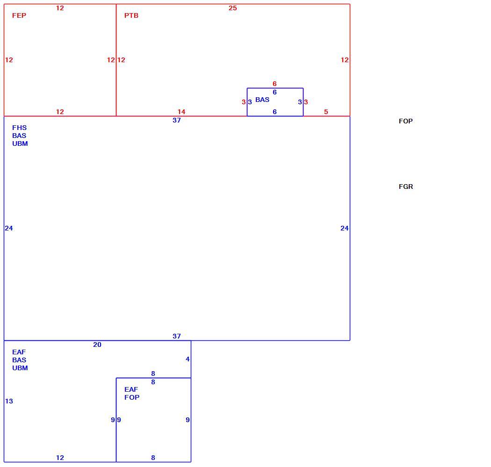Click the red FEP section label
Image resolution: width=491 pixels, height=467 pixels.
pos(19,15)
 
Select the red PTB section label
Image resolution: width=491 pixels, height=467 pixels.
pos(131,15)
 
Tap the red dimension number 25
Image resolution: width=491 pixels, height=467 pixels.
pos(233,8)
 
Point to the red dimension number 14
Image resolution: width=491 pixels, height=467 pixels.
pos(181,112)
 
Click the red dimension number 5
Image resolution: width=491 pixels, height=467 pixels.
pos(326,112)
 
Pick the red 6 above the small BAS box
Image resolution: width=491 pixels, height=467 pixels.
pos(274,84)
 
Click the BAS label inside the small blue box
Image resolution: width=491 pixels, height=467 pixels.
pos(262,100)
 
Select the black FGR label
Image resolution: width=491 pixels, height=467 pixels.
pos(406,187)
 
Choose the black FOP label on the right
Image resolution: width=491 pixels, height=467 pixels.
pos(406,121)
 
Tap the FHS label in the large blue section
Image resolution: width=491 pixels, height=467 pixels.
pos(20,128)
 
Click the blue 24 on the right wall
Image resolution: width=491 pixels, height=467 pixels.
pos(345,228)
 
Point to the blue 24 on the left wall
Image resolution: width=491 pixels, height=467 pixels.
pos(9,228)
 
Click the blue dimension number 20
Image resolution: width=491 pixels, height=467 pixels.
pos(97,345)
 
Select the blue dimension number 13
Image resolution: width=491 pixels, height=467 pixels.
pos(9,401)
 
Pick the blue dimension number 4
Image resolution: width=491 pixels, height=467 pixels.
pos(188,359)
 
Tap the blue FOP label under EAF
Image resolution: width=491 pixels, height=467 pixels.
pos(132,397)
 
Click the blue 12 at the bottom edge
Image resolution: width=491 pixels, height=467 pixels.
pos(60,458)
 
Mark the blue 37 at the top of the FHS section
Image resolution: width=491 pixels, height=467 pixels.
pos(177,120)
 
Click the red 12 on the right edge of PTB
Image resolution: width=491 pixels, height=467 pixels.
pos(345,60)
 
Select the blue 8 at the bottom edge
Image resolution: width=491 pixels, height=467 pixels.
pos(153,458)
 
